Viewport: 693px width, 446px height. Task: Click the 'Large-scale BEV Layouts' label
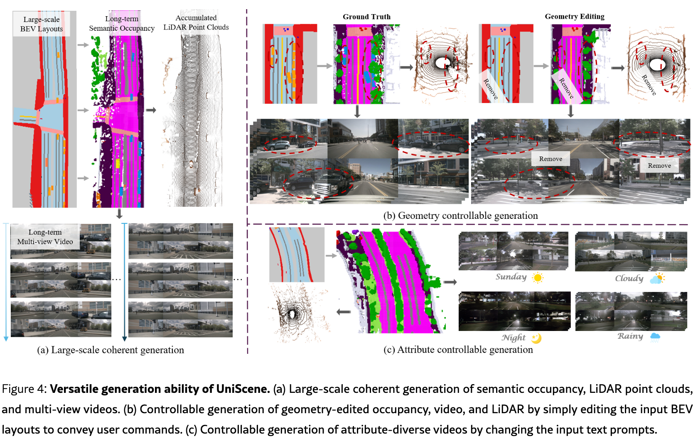click(x=42, y=24)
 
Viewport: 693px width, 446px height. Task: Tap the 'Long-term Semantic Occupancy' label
click(x=122, y=23)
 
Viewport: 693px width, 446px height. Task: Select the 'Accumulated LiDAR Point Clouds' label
click(x=196, y=22)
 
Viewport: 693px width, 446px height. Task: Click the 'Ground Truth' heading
click(x=366, y=17)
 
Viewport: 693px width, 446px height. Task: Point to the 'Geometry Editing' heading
click(x=575, y=16)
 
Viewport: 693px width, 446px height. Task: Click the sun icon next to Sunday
click(x=538, y=277)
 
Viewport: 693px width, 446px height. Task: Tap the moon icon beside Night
click(x=536, y=338)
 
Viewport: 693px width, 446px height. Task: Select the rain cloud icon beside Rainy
click(x=655, y=337)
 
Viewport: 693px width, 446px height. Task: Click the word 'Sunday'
click(x=511, y=277)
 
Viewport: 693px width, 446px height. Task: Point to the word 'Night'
click(x=514, y=338)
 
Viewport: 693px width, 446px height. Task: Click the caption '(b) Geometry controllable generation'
click(x=460, y=216)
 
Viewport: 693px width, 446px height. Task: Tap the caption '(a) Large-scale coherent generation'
click(x=111, y=350)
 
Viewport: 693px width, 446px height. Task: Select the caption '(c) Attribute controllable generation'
click(x=458, y=350)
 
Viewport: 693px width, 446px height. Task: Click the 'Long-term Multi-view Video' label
click(x=45, y=237)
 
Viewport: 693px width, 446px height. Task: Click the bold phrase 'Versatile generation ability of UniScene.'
click(x=160, y=389)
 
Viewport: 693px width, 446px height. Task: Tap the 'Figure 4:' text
click(x=25, y=389)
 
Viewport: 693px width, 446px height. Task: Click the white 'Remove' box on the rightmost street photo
click(x=659, y=166)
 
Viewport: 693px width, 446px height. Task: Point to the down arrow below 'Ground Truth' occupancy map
click(x=357, y=111)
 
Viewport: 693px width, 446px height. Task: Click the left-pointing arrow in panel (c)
click(x=344, y=312)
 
